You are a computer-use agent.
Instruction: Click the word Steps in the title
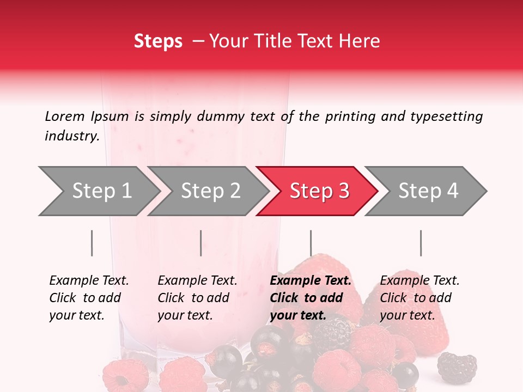tap(158, 41)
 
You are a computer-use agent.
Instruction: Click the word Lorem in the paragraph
tap(64, 116)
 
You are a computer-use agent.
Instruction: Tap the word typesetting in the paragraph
tap(446, 117)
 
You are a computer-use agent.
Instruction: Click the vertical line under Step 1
tap(92, 243)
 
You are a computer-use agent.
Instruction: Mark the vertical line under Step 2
tap(201, 243)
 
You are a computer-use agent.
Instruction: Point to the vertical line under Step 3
tap(311, 243)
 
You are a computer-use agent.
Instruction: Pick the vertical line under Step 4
tap(421, 243)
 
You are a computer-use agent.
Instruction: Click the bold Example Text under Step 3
tap(311, 281)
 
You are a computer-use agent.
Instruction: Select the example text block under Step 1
tap(88, 298)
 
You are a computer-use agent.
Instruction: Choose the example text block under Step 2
tap(197, 298)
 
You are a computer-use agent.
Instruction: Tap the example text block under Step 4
tap(419, 298)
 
